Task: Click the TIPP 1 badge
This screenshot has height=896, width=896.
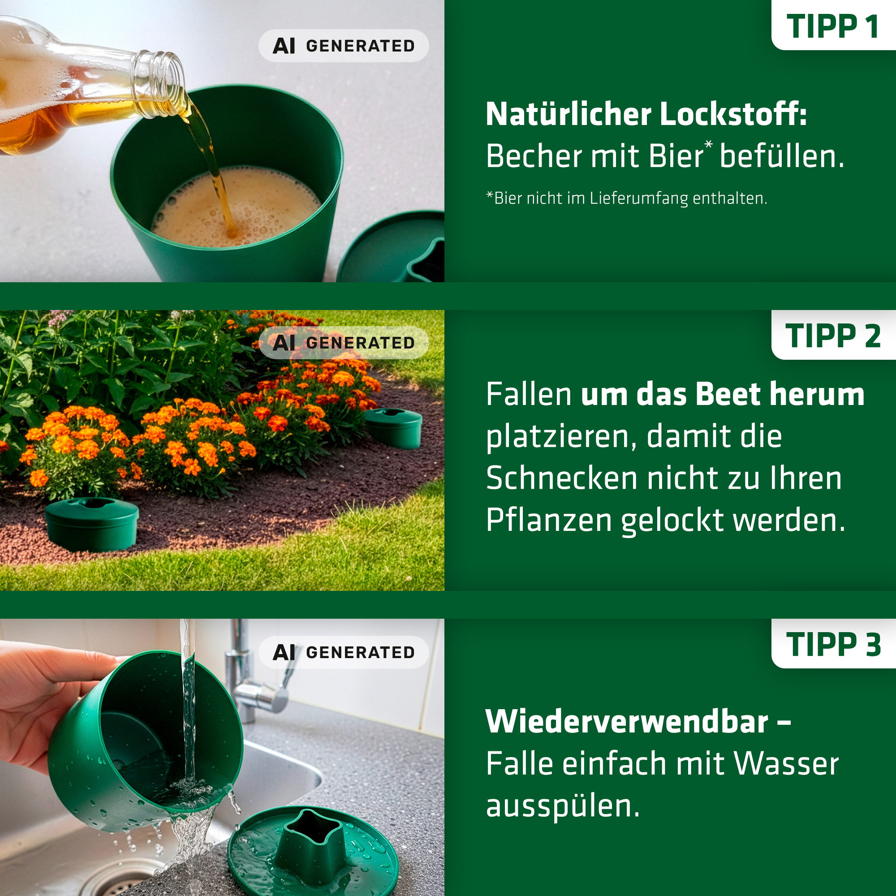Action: [x=833, y=25]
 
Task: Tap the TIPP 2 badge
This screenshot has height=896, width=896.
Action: [x=833, y=335]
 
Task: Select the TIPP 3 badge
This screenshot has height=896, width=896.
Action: [x=833, y=644]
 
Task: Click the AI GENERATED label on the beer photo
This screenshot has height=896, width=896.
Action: [x=344, y=46]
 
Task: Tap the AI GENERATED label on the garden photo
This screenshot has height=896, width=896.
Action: [x=344, y=343]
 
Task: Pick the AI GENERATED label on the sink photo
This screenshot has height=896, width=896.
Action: [x=344, y=652]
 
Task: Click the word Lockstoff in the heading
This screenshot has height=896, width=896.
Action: [x=733, y=114]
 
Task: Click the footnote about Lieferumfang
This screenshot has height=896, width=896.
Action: [x=627, y=198]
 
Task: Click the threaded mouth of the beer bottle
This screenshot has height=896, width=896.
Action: [x=160, y=83]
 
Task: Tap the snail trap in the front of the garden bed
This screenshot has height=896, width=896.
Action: [x=92, y=524]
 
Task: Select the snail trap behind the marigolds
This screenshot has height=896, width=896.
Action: [x=393, y=427]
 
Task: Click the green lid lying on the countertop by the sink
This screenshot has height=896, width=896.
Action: [x=314, y=852]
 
